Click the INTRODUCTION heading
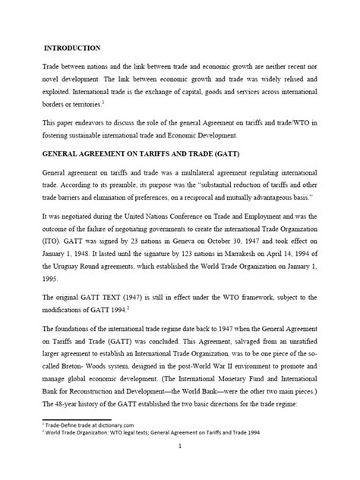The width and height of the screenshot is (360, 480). coord(74,47)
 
